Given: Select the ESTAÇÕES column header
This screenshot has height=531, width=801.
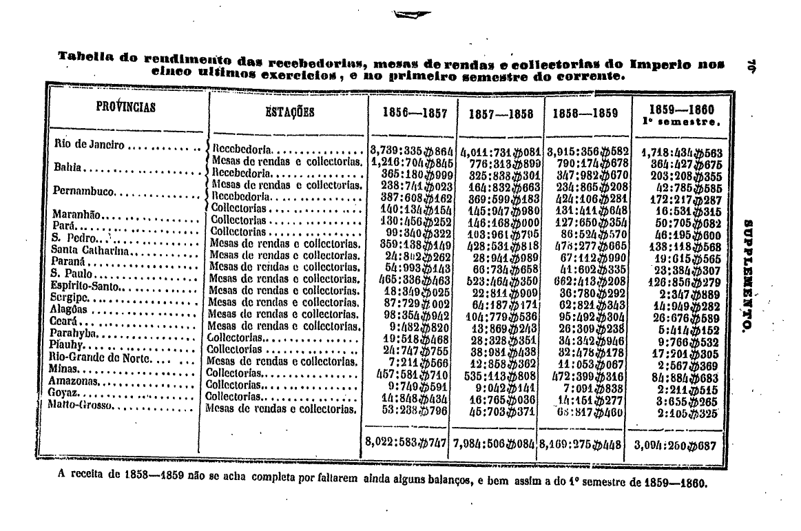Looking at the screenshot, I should pos(289,112).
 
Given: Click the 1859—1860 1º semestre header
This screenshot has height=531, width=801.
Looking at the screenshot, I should pos(680,114).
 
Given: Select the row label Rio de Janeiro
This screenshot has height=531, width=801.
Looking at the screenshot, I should pos(90,145).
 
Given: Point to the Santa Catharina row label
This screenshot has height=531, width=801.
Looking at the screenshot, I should pos(85,249).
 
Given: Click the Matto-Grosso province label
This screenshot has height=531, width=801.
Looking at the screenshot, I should pos(81,405).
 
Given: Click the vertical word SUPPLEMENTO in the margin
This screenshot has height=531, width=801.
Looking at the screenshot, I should pos(748,276).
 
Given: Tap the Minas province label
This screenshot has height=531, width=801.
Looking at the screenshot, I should pos(66,369).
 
